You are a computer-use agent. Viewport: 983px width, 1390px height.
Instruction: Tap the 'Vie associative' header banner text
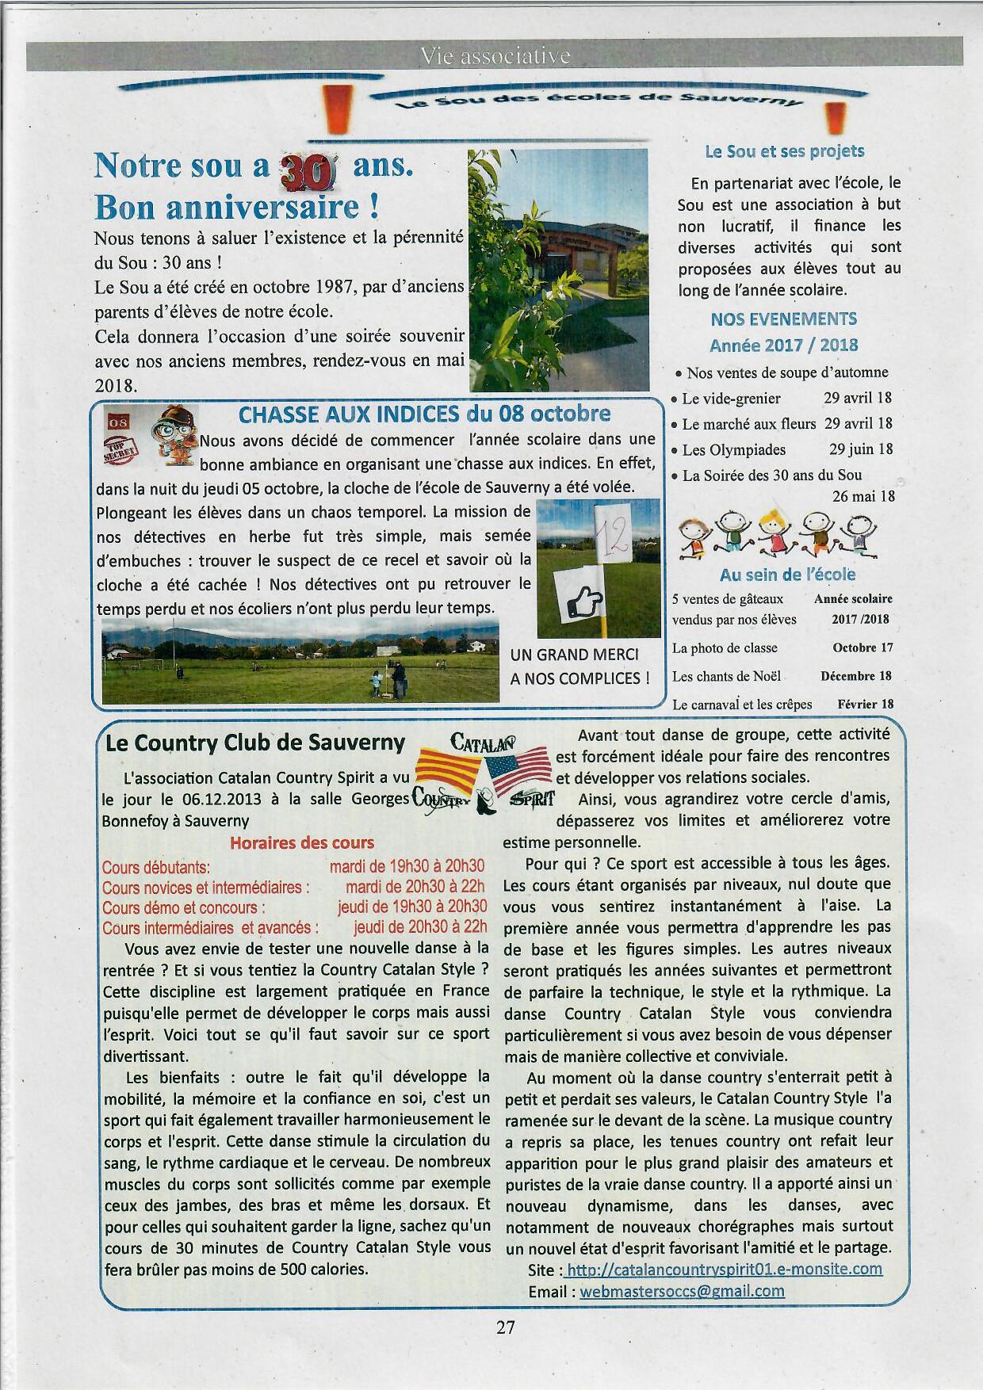pos(495,56)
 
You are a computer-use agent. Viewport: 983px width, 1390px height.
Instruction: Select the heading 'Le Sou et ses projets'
pos(784,151)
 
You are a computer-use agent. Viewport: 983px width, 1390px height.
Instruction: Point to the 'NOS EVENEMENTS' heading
pos(783,319)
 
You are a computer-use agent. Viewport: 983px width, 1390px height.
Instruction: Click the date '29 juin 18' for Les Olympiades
pos(860,449)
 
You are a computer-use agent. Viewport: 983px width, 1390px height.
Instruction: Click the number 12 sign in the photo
pos(612,534)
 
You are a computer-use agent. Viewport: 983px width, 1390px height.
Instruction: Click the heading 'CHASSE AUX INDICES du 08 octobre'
pos(424,414)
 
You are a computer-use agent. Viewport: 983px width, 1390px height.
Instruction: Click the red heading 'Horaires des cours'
pos(302,842)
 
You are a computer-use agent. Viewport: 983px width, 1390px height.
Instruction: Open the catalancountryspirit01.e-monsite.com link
pos(725,1269)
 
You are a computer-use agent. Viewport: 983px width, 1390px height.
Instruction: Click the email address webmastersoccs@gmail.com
pos(682,1291)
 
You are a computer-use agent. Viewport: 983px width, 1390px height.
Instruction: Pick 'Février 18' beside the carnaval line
pos(865,704)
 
